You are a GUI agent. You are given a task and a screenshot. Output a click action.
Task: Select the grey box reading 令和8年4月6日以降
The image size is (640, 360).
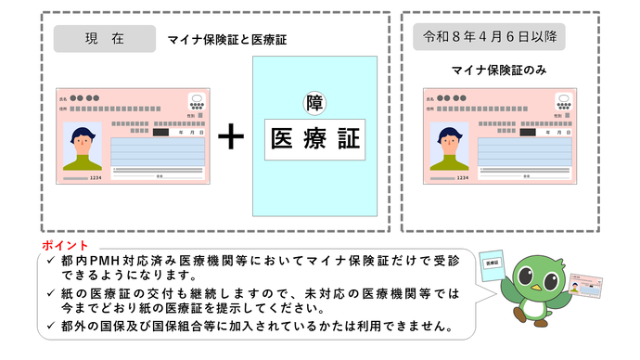coord(489,38)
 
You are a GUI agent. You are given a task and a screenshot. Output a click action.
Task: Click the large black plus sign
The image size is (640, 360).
coord(230,137)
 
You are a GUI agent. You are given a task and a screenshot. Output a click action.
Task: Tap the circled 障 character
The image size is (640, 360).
coord(315,103)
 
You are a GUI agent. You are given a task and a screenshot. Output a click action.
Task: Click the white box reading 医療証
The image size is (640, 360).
coord(314,139)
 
